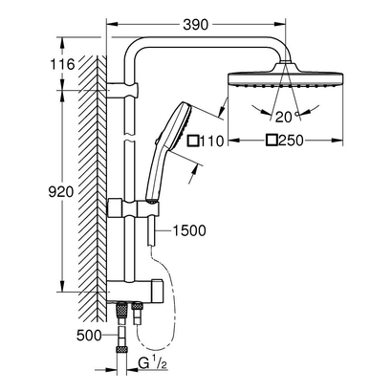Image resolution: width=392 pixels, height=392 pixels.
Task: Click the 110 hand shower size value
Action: [213, 142]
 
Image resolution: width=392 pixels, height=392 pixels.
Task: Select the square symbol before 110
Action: [193, 142]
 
